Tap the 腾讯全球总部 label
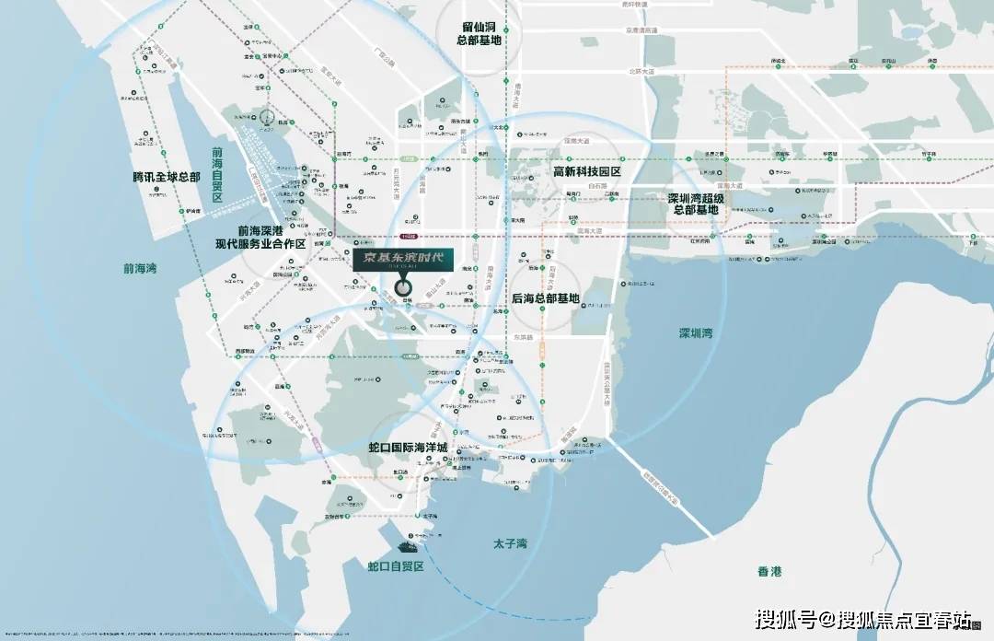click(x=166, y=176)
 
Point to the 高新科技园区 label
click(x=587, y=172)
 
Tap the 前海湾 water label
click(x=140, y=269)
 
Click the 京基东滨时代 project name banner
click(x=403, y=261)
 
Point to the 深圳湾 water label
click(x=695, y=332)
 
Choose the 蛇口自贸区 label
click(x=395, y=566)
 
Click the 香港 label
click(x=769, y=571)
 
